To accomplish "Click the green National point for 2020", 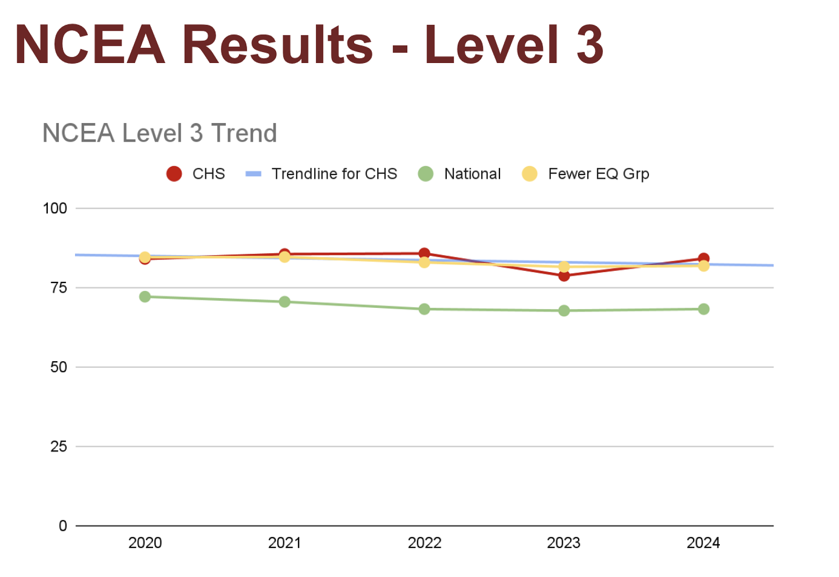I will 145,296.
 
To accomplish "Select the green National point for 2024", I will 704,309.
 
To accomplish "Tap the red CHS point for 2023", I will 564,276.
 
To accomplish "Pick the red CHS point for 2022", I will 424,253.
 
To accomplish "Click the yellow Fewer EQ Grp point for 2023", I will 564,267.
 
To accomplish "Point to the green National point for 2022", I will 424,309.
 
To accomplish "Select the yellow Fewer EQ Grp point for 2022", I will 424,262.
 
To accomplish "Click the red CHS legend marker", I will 174,173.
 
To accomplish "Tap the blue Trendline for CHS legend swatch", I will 253,174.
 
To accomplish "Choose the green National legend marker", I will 426,173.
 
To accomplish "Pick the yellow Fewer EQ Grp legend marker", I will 529,173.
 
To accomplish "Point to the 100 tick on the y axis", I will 55,208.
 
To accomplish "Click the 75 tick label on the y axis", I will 59,288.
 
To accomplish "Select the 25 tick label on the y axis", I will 59,446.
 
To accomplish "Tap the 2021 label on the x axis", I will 284,543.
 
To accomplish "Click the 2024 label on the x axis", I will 703,543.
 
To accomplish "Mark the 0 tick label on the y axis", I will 63,526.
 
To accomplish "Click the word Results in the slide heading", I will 277,45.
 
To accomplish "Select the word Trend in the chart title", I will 244,133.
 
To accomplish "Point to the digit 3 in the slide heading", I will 589,45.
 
